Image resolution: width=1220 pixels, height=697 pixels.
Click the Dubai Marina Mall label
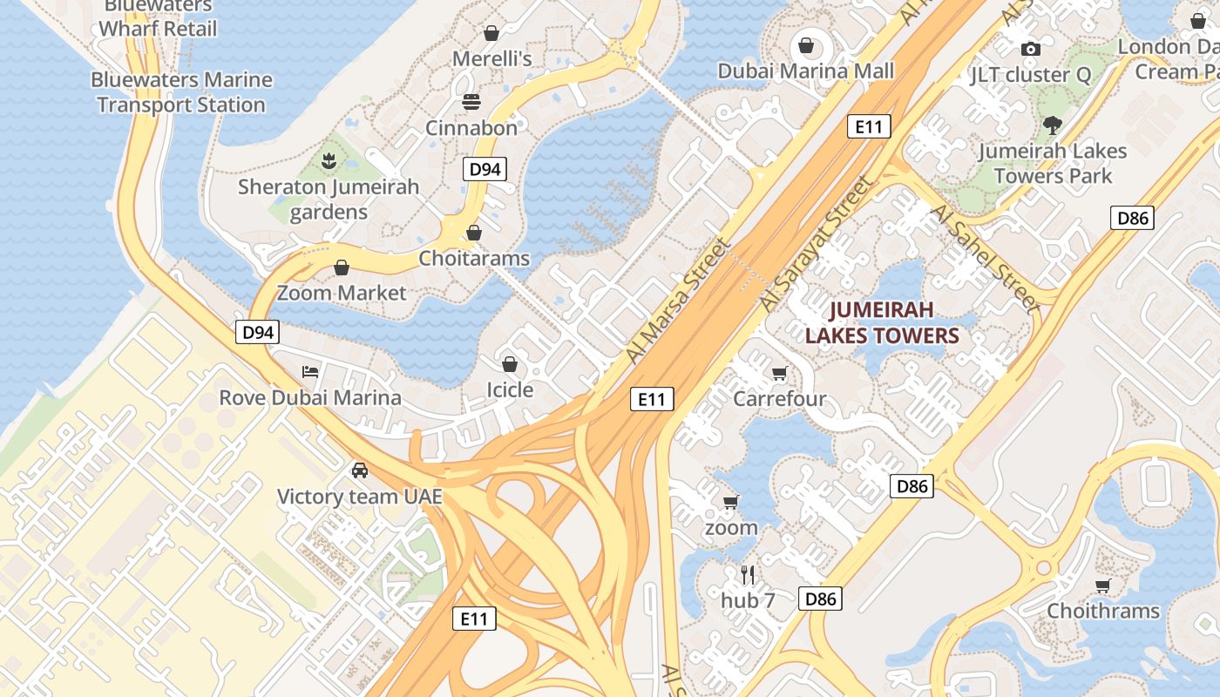point(806,71)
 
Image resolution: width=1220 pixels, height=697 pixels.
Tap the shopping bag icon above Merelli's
point(491,33)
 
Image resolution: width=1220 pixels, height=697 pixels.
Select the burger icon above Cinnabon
point(471,102)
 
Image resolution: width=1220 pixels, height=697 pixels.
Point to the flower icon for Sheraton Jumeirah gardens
point(329,160)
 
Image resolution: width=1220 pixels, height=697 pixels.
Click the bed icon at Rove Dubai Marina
point(309,372)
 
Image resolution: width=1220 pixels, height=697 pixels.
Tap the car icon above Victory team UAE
point(359,470)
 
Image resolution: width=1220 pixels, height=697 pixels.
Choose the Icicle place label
point(510,389)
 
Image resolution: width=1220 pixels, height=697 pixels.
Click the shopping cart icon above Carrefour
point(779,374)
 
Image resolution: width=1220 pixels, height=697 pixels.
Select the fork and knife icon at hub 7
point(748,574)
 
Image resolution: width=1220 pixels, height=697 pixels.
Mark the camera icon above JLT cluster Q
point(1030,49)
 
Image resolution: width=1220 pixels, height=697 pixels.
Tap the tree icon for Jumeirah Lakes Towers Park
point(1053,125)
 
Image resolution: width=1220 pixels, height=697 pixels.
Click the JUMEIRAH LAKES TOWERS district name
point(882,322)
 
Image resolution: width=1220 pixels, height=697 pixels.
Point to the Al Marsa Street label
point(678,301)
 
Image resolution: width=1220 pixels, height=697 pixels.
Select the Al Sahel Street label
point(985,258)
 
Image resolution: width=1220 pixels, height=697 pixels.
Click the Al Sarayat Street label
point(816,243)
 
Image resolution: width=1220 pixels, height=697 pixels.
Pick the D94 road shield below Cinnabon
point(485,169)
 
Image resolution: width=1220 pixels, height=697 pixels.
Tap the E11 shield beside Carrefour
point(651,399)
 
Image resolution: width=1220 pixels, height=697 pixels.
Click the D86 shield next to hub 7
point(821,599)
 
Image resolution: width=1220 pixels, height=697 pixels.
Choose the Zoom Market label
point(342,293)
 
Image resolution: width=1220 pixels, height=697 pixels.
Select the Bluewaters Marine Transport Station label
point(181,92)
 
